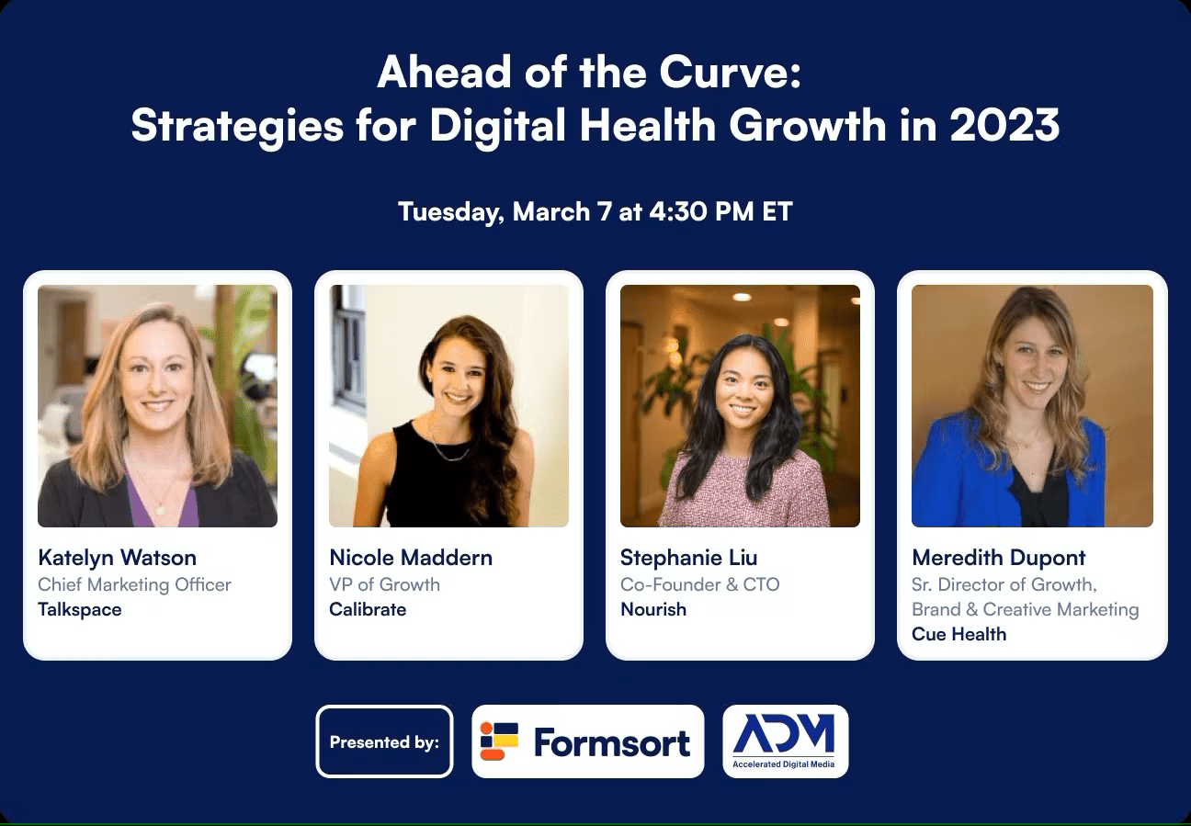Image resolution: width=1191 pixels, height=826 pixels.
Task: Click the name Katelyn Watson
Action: click(117, 558)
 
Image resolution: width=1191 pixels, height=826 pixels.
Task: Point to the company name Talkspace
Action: click(80, 609)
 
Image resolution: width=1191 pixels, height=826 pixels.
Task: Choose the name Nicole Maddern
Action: click(411, 558)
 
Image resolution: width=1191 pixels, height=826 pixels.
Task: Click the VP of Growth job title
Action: click(384, 584)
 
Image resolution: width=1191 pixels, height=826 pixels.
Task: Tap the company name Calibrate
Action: click(368, 609)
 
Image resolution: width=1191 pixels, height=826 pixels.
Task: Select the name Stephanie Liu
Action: click(688, 558)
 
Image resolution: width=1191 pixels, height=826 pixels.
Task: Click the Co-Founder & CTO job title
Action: click(699, 584)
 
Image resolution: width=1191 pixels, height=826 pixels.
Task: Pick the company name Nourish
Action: click(653, 609)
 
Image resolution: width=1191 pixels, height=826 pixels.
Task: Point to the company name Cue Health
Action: click(958, 634)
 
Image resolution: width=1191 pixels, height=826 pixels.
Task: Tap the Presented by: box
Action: click(384, 741)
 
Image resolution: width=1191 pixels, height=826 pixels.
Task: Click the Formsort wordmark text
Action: click(611, 742)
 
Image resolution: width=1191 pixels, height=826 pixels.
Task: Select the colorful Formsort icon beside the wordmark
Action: click(499, 741)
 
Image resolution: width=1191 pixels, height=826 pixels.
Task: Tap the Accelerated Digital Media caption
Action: click(785, 764)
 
